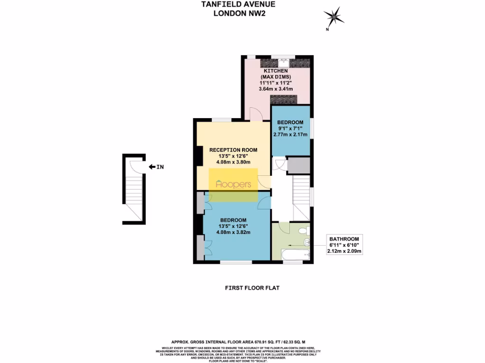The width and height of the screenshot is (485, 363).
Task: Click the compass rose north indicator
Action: tap(334, 17)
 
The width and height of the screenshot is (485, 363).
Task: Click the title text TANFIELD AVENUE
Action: tap(239, 4)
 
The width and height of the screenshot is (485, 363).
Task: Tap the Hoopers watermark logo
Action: tap(234, 185)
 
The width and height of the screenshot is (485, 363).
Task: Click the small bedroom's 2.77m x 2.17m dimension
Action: tap(290, 135)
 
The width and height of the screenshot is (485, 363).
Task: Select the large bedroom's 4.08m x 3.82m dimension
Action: tap(233, 232)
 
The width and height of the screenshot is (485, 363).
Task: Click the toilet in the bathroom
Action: tap(306, 230)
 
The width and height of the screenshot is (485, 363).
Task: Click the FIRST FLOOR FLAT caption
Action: tap(249, 287)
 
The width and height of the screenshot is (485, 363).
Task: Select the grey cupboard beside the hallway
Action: tap(298, 165)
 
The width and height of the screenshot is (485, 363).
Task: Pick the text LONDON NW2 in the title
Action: tap(239, 13)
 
